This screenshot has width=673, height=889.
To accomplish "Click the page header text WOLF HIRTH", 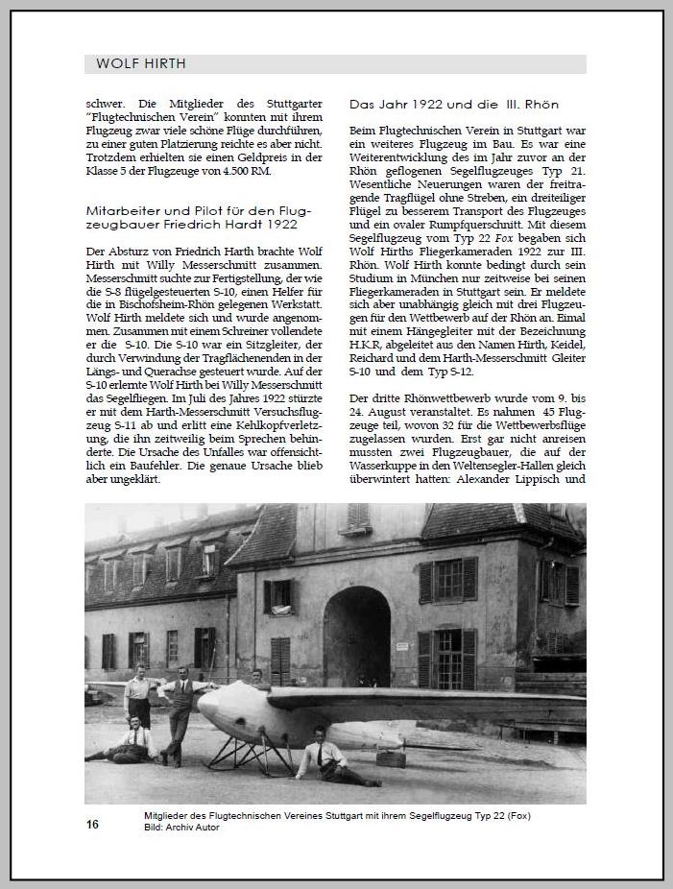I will click(x=141, y=64).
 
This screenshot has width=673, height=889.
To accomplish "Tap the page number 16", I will click(x=92, y=825).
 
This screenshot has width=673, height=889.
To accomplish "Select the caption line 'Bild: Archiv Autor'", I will click(x=181, y=828).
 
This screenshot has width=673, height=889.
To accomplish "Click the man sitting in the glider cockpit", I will click(x=256, y=679).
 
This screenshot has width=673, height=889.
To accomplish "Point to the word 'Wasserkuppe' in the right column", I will click(x=382, y=465).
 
